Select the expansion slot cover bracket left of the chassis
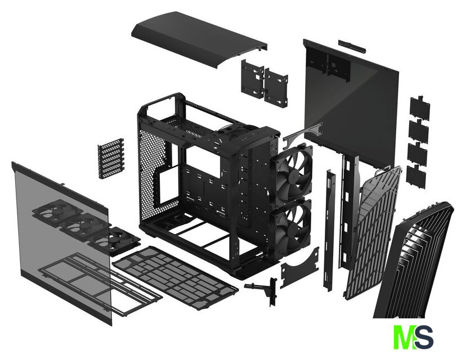[111, 158]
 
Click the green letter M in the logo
[405, 337]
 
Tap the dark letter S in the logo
[424, 337]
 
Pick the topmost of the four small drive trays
[420, 108]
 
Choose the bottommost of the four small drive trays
[416, 177]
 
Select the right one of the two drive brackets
[276, 88]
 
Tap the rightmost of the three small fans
[116, 240]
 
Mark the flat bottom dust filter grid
[176, 276]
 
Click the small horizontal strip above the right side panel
[352, 47]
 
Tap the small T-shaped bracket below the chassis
[262, 290]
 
